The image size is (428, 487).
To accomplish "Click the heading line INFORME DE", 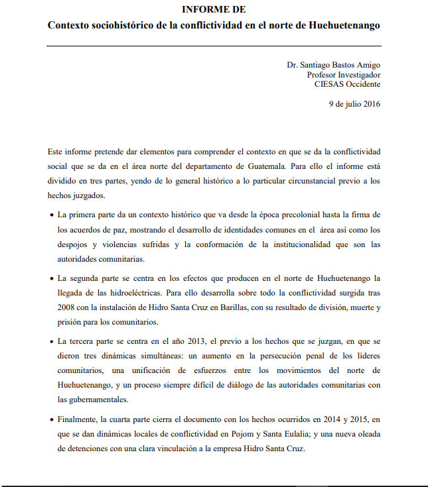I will click(x=214, y=9).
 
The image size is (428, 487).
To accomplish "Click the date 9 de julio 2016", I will click(x=355, y=104).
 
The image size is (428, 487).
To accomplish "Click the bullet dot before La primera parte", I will click(x=52, y=216).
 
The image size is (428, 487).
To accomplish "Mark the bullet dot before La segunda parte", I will click(x=52, y=278).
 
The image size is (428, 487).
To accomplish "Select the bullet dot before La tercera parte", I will click(x=52, y=341).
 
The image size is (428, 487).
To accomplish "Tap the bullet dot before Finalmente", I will click(x=52, y=420).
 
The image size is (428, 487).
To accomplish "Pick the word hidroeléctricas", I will click(x=144, y=293).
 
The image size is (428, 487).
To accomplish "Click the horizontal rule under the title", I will click(x=214, y=45).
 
